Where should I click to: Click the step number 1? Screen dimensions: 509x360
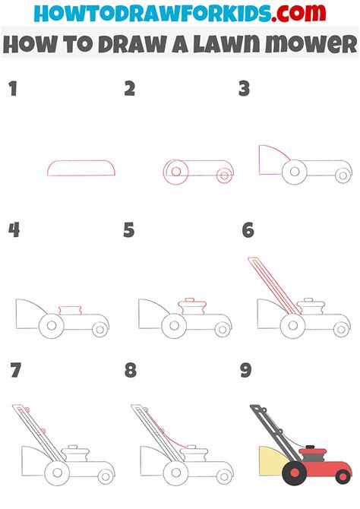click(12, 89)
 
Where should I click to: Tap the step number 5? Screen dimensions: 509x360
click(128, 229)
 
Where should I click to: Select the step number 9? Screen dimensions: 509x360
click(246, 370)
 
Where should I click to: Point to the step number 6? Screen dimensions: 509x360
click(247, 229)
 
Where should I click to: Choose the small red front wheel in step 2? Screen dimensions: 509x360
click(224, 175)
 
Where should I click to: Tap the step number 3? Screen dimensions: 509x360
click(245, 89)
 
